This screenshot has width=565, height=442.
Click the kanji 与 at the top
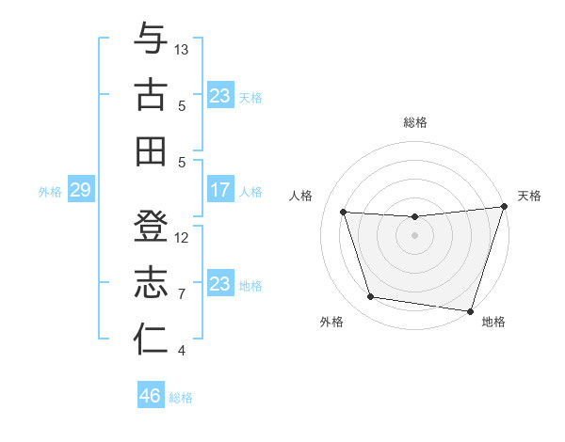pyautogui.click(x=151, y=40)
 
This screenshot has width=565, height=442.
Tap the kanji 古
pyautogui.click(x=151, y=95)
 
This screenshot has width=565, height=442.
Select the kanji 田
pyautogui.click(x=151, y=150)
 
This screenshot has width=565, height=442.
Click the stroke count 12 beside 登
pyautogui.click(x=183, y=237)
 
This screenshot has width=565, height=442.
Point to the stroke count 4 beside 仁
pyautogui.click(x=182, y=351)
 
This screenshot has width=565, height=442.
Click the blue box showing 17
pyautogui.click(x=219, y=191)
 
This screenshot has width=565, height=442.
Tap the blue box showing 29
pyautogui.click(x=80, y=191)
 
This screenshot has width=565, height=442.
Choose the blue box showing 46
pyautogui.click(x=150, y=396)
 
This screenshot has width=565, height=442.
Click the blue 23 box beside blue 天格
pyautogui.click(x=219, y=96)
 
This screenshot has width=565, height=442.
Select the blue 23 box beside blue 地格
pyautogui.click(x=219, y=284)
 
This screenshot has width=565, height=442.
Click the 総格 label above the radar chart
pyautogui.click(x=414, y=122)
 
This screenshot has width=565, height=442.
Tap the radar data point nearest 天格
pyautogui.click(x=504, y=207)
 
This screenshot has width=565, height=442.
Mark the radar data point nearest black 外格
pyautogui.click(x=371, y=297)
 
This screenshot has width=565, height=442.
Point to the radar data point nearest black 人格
pyautogui.click(x=344, y=213)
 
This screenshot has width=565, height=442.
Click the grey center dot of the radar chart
pyautogui.click(x=414, y=235)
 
